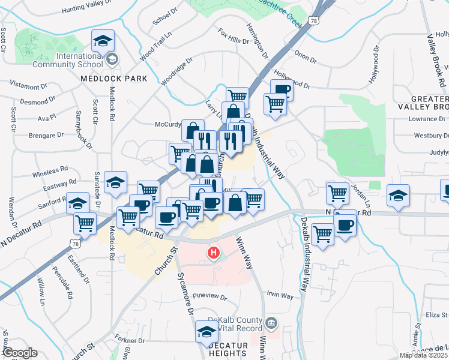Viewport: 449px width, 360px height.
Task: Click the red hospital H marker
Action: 213,253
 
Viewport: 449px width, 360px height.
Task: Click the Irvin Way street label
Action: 280,296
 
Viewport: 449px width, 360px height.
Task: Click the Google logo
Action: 19,353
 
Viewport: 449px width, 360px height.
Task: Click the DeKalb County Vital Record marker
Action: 271,324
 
